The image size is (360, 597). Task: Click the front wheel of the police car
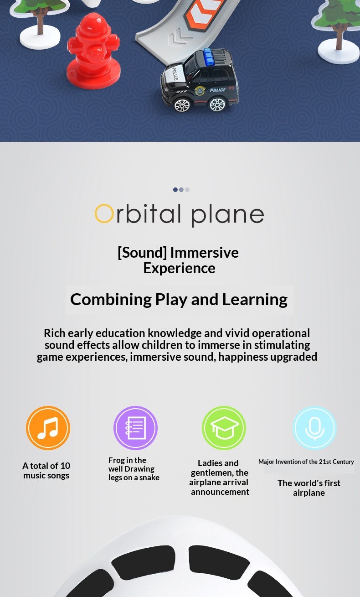pos(182,104)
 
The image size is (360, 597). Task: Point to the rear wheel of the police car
pos(217,104)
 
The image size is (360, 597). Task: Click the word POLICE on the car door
pos(217,90)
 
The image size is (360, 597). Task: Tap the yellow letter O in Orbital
pos(104,213)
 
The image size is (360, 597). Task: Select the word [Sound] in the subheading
pos(142,252)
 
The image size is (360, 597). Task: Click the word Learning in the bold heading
pos(255,300)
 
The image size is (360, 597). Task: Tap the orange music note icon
pos(48,428)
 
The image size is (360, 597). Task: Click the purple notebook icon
pos(135,428)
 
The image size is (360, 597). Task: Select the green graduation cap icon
pos(224,428)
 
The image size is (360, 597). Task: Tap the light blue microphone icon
pos(315,428)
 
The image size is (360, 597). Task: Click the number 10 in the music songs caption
pos(65,466)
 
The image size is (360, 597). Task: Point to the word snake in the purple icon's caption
pos(149,478)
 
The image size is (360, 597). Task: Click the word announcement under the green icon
pos(220,492)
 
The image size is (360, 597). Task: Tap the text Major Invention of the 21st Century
pos(306,462)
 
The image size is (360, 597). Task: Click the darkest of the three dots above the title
pos(175,189)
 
